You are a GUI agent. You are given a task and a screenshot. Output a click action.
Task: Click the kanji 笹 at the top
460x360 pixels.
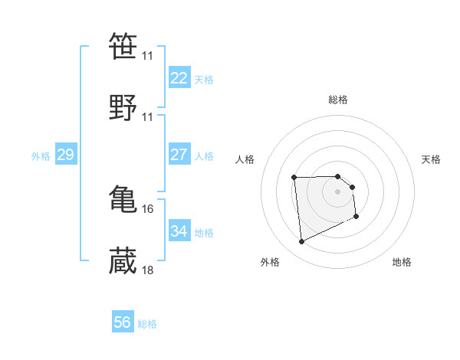point(123,47)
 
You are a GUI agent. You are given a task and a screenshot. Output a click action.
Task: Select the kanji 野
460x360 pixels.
point(123,107)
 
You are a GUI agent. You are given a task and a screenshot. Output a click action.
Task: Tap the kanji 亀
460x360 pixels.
point(123,199)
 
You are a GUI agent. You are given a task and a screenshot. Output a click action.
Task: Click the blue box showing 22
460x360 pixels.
point(179,77)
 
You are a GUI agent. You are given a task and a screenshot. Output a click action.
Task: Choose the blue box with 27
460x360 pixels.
point(179,154)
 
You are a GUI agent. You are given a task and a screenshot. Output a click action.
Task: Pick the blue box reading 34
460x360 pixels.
point(179,231)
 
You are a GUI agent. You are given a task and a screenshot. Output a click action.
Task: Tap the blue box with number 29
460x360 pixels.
point(66,155)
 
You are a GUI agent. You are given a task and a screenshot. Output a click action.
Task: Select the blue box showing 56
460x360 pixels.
point(123,322)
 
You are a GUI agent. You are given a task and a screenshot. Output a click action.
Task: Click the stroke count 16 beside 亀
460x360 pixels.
point(147,208)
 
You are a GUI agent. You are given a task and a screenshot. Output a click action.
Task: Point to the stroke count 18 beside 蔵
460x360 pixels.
point(147,270)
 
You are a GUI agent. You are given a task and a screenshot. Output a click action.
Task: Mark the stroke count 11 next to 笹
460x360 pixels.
point(147,56)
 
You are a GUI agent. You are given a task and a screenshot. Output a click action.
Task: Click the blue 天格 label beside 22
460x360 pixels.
point(204,79)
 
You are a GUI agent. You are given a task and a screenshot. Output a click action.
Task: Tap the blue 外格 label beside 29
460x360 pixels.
point(41,156)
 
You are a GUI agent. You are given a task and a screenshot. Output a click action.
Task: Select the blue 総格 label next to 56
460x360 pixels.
point(147,324)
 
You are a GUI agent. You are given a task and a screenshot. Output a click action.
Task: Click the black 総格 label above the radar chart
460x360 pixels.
point(338,100)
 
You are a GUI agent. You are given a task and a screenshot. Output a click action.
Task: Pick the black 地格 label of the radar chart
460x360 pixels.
point(402,262)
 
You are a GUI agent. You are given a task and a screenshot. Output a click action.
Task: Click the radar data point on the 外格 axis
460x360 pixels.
point(302,242)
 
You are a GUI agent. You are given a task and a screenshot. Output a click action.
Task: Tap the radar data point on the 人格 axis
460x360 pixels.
point(294,178)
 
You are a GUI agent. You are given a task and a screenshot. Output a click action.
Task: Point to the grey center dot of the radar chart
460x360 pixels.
point(337,191)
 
